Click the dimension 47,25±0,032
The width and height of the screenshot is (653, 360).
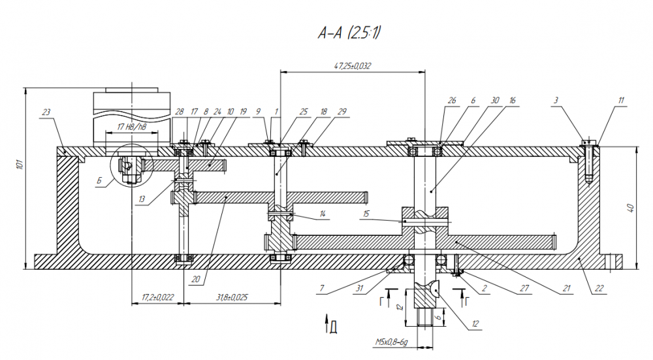coord(352,66)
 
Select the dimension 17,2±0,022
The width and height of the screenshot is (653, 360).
coord(157,297)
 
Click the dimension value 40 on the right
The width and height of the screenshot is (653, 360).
coord(630,208)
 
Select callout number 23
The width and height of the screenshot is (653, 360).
coord(46,112)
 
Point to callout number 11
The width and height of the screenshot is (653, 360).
coord(621,100)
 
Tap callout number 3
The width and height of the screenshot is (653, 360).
coord(556,100)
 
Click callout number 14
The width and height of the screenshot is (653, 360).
coord(322,214)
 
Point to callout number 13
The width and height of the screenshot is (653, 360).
coord(142,200)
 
